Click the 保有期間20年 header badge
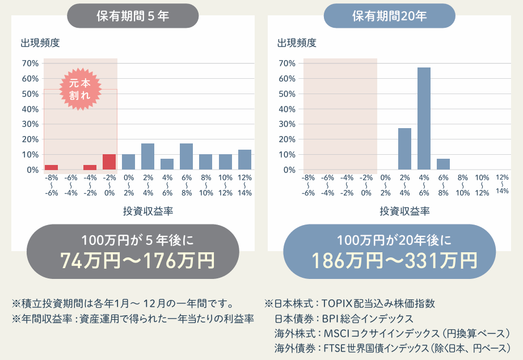tap(389, 16)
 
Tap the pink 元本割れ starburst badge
tap(80, 89)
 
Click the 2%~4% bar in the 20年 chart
tap(404, 149)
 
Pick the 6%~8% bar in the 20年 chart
tap(443, 164)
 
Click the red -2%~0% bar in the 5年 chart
tap(109, 162)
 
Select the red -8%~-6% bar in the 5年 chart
tap(51, 167)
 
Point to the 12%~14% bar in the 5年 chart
tap(244, 159)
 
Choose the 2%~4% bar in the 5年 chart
tap(147, 156)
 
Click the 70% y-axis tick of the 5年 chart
tap(29, 63)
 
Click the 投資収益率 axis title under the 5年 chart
tap(148, 211)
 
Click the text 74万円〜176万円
tap(137, 261)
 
